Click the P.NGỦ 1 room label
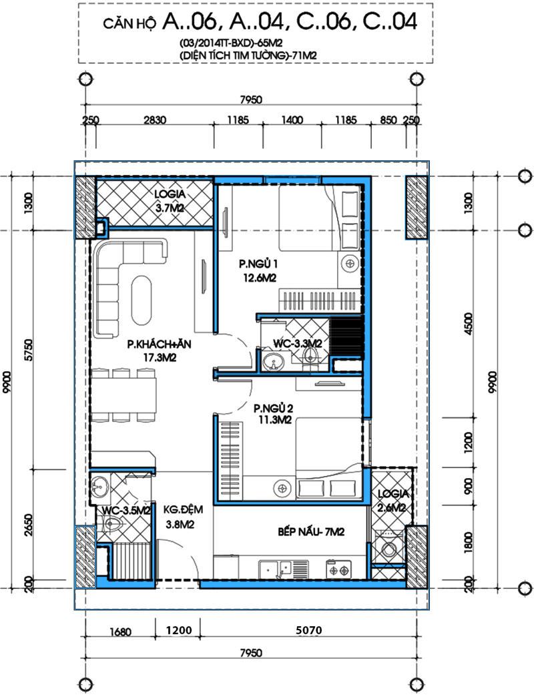258,270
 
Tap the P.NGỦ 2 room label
273,413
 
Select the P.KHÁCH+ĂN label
154,351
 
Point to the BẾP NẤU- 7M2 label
311,531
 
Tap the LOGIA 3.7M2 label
170,201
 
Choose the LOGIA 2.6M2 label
392,501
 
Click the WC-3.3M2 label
297,343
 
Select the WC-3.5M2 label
126,510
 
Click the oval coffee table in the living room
142,300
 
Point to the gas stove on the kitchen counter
338,569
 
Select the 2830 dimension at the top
155,120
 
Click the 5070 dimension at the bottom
308,630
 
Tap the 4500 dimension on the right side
468,325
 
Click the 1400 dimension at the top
292,120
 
